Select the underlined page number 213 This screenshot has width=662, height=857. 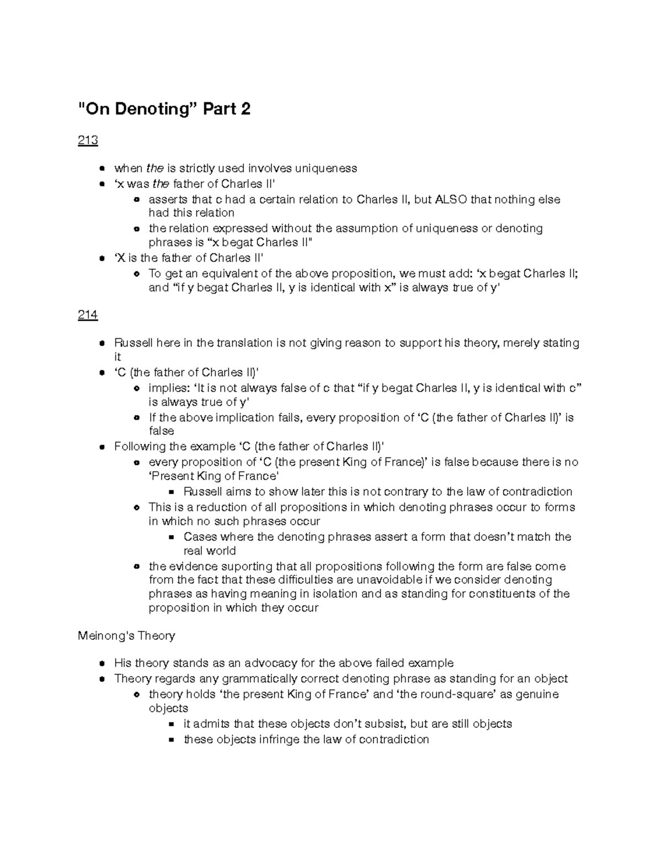88,141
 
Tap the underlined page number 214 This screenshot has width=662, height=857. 88,315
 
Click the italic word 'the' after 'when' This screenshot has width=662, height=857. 154,168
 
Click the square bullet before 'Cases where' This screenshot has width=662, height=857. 172,537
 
